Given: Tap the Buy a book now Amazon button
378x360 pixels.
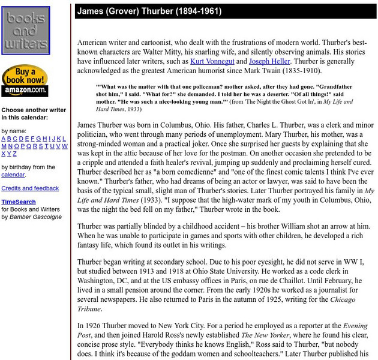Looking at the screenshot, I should point(25,81).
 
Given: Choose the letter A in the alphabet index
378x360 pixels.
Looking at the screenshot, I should point(4,138).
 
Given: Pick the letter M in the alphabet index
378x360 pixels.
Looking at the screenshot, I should point(4,146).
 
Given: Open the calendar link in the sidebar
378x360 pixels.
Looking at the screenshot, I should point(13,175).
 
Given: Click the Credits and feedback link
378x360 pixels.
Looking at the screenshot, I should point(30,188).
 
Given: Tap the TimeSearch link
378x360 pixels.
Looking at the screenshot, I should point(19,202).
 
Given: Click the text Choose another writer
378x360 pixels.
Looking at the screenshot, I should point(34,110).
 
